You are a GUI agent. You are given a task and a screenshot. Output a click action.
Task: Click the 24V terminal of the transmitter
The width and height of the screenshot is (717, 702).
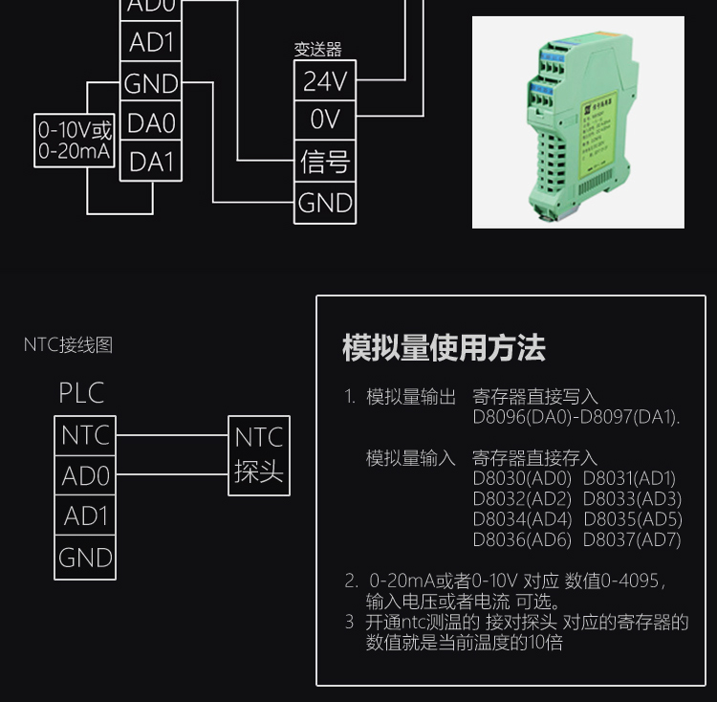(x=325, y=81)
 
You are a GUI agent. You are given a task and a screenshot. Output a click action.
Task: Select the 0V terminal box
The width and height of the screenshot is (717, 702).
(x=325, y=121)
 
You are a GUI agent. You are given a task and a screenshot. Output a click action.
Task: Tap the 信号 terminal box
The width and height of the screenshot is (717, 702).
(x=325, y=162)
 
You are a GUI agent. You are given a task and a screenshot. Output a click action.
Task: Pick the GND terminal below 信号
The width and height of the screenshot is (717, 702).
(x=325, y=203)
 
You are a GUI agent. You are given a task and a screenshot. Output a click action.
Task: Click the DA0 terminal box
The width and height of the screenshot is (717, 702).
(x=151, y=123)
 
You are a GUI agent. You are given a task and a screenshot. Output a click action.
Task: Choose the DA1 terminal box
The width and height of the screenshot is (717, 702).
(x=151, y=162)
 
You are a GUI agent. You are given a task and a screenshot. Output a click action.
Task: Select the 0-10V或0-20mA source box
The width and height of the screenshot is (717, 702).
(x=76, y=142)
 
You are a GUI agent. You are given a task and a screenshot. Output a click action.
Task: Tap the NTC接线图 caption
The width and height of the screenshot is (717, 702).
(x=68, y=345)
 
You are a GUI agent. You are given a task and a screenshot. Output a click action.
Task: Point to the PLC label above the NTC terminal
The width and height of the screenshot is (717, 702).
(x=81, y=393)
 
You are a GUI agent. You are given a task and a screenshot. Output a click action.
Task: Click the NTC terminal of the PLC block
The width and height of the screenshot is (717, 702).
(x=85, y=436)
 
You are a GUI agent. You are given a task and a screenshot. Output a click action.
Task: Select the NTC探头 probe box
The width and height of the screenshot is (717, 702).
(x=259, y=455)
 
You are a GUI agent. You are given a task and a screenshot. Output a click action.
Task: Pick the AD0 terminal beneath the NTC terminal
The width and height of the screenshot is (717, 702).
(x=85, y=476)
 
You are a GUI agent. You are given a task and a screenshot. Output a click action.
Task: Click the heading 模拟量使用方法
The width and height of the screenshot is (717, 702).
(x=444, y=348)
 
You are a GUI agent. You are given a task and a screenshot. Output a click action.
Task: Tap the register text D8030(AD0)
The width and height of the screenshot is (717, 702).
(x=521, y=478)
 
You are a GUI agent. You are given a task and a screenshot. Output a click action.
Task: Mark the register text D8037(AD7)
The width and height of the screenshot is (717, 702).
(x=632, y=539)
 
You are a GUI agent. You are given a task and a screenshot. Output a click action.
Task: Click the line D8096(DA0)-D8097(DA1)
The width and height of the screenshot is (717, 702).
(x=576, y=417)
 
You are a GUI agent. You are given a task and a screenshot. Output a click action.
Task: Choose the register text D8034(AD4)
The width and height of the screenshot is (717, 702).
(x=521, y=519)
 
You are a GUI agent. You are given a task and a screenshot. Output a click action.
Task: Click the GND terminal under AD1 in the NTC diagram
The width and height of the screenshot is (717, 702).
(x=85, y=558)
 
